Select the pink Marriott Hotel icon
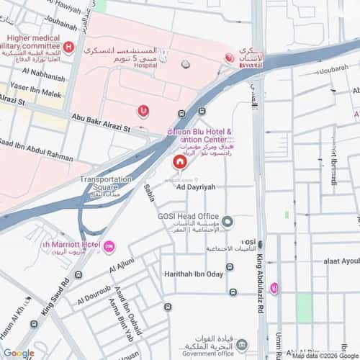[109, 247]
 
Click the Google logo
[18, 353]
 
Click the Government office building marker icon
[241, 344]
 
